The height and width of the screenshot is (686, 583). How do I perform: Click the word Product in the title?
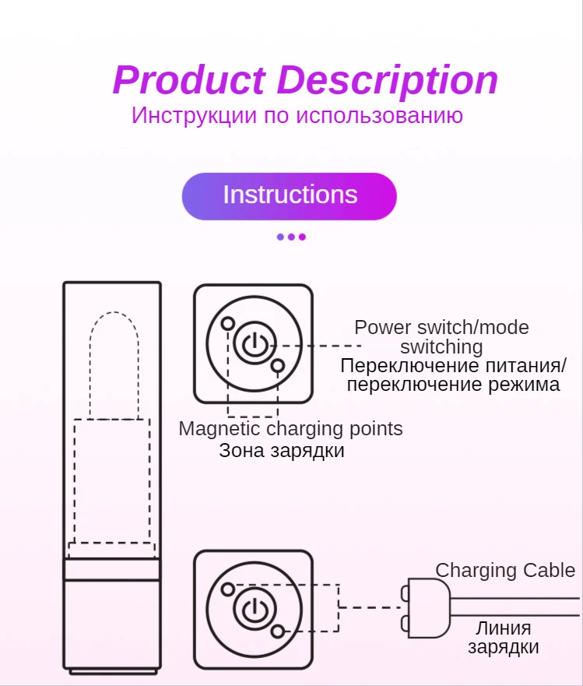[x=189, y=80]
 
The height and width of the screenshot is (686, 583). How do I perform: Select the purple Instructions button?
[x=290, y=195]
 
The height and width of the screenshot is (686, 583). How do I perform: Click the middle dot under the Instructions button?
[x=291, y=237]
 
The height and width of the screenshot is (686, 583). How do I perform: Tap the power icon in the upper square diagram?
[x=253, y=344]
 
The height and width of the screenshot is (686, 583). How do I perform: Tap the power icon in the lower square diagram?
[x=253, y=610]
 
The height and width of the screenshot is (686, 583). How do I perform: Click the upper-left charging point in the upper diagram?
[x=228, y=323]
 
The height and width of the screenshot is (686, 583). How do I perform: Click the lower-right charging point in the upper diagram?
[x=278, y=365]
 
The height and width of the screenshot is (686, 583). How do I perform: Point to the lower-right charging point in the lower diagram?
[x=278, y=631]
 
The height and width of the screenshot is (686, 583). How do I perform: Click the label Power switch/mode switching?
[x=441, y=336]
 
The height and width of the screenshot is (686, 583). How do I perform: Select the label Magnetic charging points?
[x=290, y=428]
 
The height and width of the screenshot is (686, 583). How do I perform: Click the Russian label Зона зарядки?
[x=282, y=450]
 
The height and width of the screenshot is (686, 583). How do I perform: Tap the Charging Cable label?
[x=505, y=570]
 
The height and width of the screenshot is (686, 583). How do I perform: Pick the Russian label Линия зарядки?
[x=504, y=637]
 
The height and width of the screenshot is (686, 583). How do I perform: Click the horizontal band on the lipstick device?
[x=112, y=569]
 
